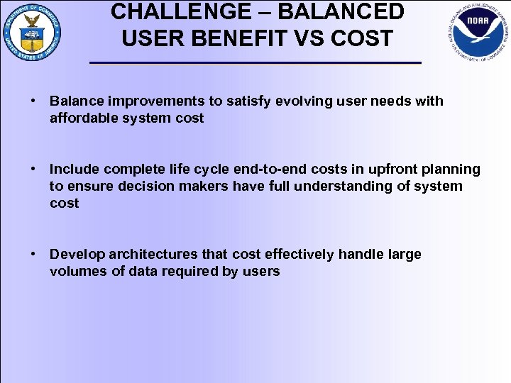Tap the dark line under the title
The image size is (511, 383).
coord(255,64)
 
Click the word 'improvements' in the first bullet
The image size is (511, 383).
coord(153,101)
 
